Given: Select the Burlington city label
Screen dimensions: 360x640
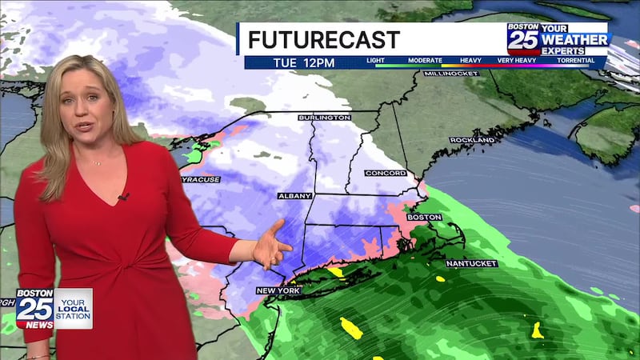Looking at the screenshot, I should tap(324, 118).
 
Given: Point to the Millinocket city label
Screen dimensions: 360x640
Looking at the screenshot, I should tap(451, 74).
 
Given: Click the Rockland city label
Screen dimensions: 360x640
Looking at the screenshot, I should tap(472, 140).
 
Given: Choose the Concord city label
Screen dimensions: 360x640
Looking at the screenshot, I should tap(385, 173).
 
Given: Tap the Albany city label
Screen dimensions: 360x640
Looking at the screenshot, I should tap(294, 195).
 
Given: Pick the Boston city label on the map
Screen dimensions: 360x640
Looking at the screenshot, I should tap(424, 217).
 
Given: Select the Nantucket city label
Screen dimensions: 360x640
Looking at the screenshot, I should tap(472, 263).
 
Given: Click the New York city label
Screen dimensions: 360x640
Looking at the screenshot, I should tap(278, 290).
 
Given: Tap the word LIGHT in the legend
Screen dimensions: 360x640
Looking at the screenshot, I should tap(375, 61).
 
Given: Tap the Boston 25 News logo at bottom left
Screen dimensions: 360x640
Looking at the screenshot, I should tap(35, 308).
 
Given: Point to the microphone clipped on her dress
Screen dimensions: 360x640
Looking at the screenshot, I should tap(123, 196).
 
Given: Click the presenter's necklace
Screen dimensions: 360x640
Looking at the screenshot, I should tap(97, 162).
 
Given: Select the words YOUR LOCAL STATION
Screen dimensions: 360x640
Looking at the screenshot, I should tap(73, 308).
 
